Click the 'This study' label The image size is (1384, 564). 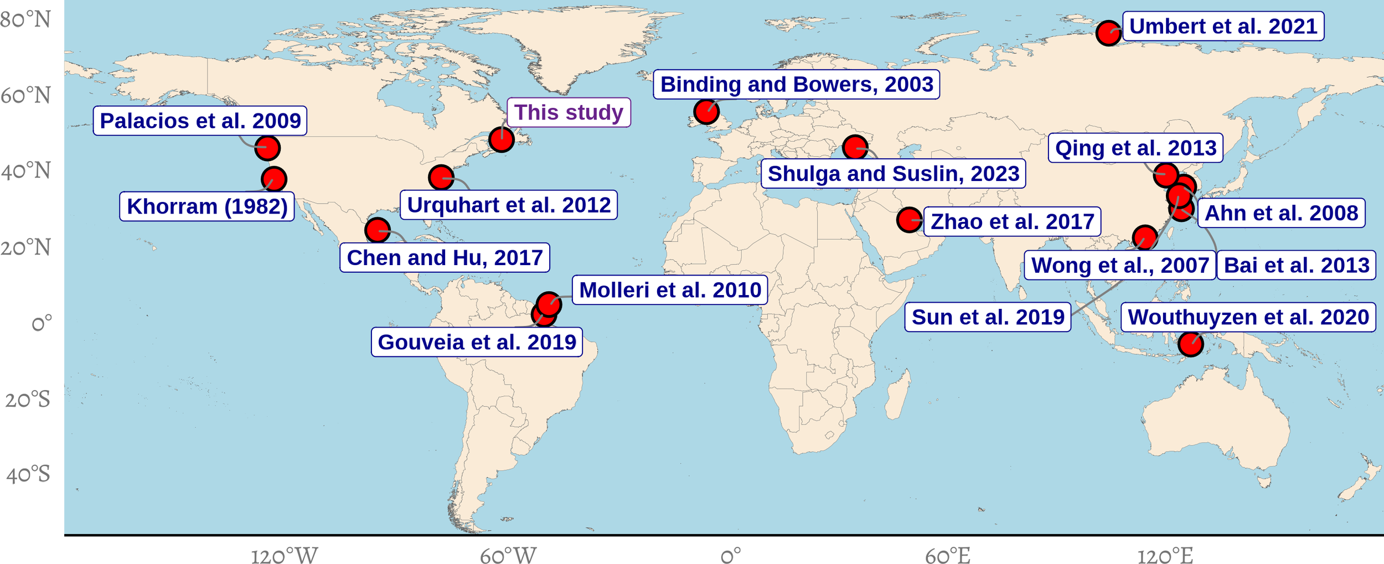tap(569, 112)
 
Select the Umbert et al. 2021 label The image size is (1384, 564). tap(1223, 27)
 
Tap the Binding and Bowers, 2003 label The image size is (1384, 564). tap(796, 85)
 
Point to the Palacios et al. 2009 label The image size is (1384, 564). tap(200, 121)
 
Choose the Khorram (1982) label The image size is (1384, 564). tap(207, 206)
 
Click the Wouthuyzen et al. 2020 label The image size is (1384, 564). tap(1248, 317)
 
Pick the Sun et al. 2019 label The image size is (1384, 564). tap(988, 317)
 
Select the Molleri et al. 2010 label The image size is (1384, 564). tap(670, 290)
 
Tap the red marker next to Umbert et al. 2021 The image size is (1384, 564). tap(1108, 33)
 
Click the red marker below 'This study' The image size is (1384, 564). tap(502, 140)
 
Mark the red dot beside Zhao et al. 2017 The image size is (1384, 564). tap(909, 220)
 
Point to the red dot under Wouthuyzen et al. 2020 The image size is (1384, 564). tap(1190, 344)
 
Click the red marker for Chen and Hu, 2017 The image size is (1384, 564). tap(378, 230)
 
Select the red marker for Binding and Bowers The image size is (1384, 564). tap(706, 112)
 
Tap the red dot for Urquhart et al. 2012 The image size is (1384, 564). tap(441, 178)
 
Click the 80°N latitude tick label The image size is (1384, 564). tap(25, 20)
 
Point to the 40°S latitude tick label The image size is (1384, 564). tap(28, 474)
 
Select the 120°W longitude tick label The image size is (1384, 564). tap(285, 556)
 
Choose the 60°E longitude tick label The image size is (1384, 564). tap(948, 556)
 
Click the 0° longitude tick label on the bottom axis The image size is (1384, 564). tap(730, 556)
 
